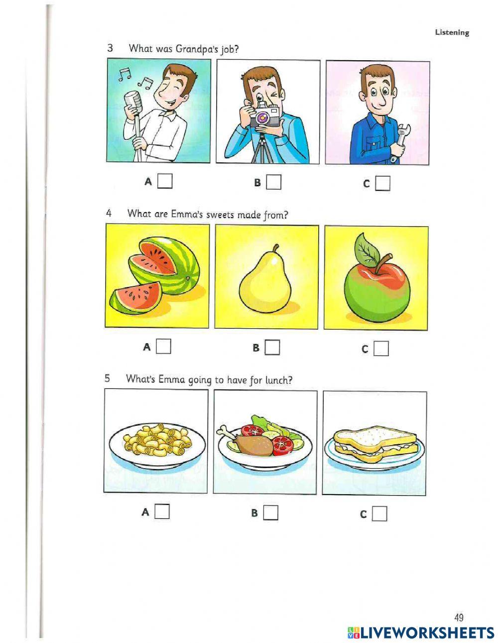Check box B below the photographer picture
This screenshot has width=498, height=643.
273,182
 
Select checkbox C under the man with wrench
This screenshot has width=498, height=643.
382,184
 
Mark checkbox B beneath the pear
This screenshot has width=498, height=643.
272,348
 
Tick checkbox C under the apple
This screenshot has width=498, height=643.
381,349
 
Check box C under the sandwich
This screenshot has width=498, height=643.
379,514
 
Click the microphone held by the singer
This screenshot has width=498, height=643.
131,100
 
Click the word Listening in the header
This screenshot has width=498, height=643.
452,32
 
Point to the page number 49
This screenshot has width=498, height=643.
459,618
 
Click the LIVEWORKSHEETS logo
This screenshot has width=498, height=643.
420,633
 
